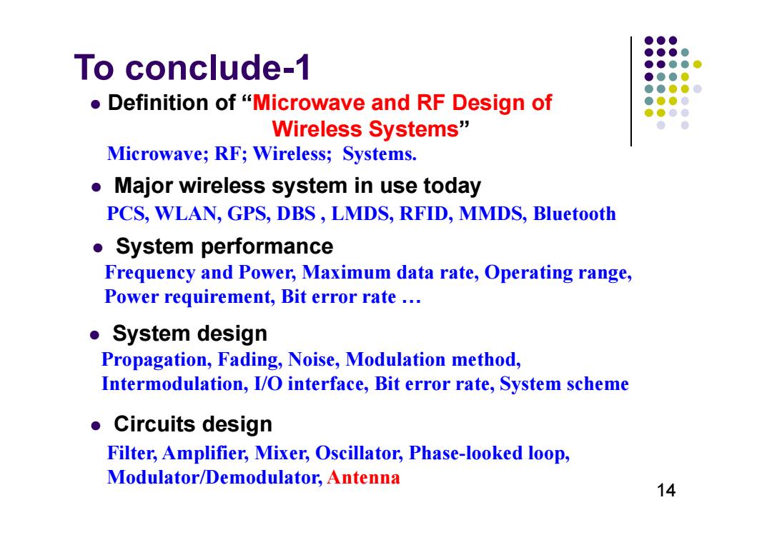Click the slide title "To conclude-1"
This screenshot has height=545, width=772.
192,67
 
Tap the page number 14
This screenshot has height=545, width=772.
665,490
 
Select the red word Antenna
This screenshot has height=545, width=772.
363,477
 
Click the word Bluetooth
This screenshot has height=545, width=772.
574,214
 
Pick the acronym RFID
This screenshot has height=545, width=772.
426,214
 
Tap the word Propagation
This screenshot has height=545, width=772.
157,360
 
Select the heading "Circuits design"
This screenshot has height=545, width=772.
193,424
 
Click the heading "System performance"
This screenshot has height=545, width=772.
224,246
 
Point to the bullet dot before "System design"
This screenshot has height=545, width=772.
94,336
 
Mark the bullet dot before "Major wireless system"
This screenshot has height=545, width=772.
96,187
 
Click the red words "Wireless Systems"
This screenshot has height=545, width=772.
365,129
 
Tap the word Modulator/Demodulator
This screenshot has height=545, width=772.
214,477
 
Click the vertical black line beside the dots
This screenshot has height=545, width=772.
630,91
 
